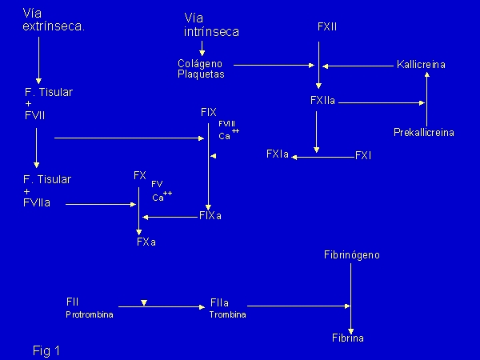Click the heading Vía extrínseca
(x=54, y=21)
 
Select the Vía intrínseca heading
(x=211, y=25)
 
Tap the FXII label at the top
(x=327, y=27)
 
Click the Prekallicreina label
(x=424, y=132)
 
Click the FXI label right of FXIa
(x=363, y=155)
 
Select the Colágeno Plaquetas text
(x=200, y=69)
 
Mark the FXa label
(x=146, y=242)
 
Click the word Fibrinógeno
(x=352, y=255)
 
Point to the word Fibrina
(x=348, y=338)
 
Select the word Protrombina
(x=90, y=315)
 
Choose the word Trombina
(x=228, y=315)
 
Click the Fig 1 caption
(x=46, y=350)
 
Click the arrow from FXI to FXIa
(x=324, y=158)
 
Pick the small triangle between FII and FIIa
(x=143, y=303)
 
